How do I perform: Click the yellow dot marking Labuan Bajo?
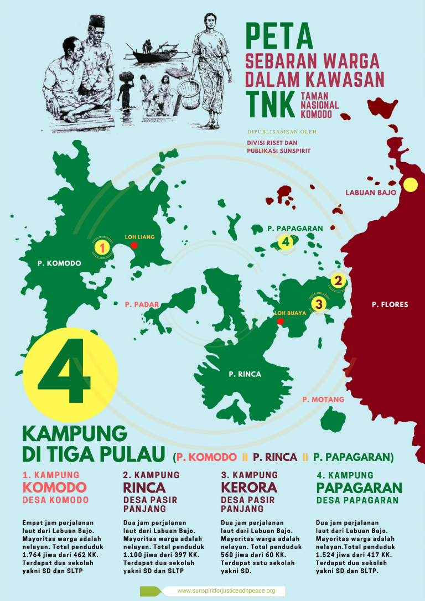(410, 185)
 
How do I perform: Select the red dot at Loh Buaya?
(280, 321)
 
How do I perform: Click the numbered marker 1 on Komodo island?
(101, 247)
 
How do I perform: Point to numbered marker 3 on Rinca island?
(318, 304)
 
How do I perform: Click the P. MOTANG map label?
(324, 399)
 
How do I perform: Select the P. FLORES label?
(390, 304)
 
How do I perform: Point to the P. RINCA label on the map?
(245, 375)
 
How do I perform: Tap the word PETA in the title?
(279, 37)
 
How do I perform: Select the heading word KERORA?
(248, 488)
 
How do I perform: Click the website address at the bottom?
(226, 591)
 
